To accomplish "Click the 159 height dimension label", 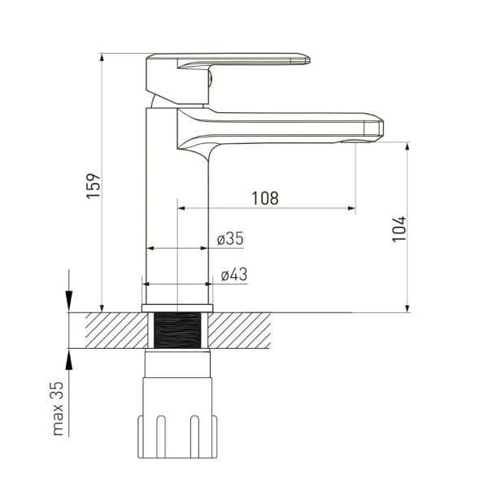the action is tap(94, 185).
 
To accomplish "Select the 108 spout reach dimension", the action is tap(265, 198).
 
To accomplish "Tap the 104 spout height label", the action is tap(399, 229).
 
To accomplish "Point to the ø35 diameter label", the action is tap(230, 238).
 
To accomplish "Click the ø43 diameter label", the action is tap(234, 275).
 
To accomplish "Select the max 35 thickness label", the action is tap(59, 408).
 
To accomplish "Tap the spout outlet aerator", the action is tap(356, 142).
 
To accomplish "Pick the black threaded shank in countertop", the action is tap(177, 330).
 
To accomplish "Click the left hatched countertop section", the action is tap(116, 330).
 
